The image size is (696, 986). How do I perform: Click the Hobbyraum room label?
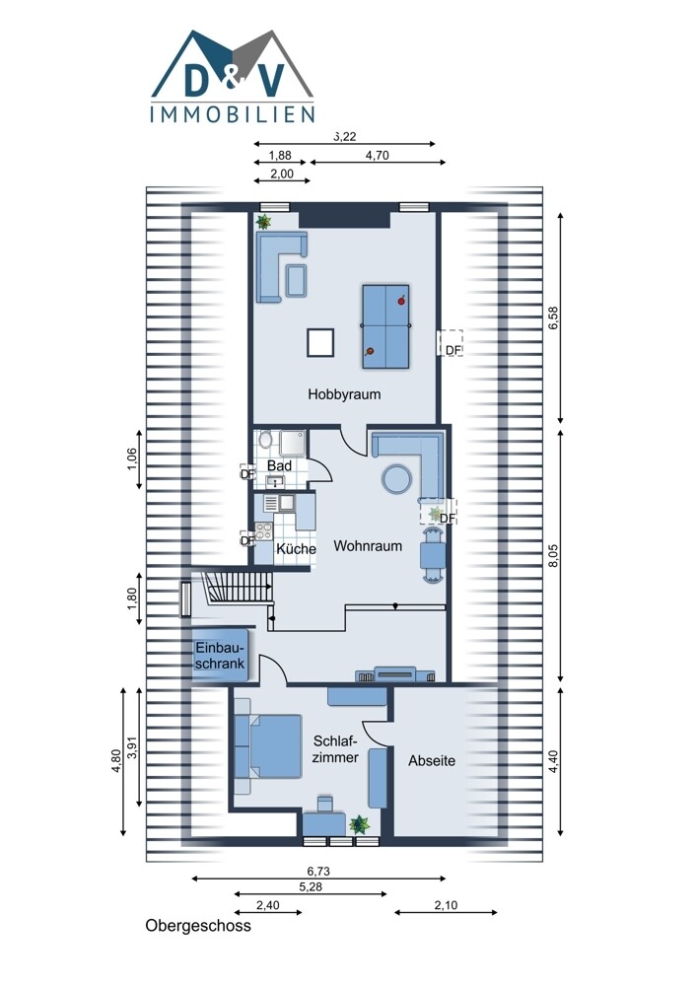[x=344, y=395]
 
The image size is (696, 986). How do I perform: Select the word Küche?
[x=296, y=549]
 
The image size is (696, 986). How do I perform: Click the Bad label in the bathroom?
[x=279, y=466]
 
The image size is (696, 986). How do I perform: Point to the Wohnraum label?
[x=368, y=546]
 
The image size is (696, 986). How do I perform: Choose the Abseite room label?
[x=432, y=761]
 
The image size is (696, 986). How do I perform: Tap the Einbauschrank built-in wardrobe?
[x=220, y=656]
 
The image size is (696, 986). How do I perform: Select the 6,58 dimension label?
[x=553, y=317]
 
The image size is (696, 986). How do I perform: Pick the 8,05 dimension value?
[x=553, y=554]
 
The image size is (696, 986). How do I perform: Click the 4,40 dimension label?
[x=553, y=762]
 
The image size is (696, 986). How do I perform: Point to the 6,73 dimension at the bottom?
[x=318, y=872]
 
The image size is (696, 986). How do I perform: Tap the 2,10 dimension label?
[x=446, y=905]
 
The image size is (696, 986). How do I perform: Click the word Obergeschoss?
[x=198, y=926]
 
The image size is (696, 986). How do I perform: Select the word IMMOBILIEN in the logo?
[x=233, y=113]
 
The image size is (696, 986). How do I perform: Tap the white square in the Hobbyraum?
[x=320, y=343]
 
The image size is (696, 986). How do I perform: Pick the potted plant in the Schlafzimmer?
[x=360, y=823]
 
